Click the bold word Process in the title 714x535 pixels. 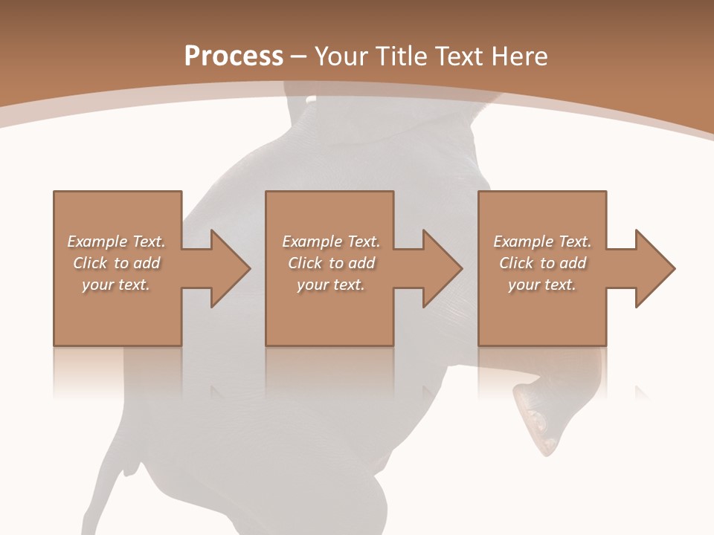(x=234, y=56)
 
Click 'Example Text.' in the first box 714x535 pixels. (x=116, y=241)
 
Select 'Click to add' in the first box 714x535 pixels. (x=116, y=263)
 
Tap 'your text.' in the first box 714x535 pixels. (x=116, y=285)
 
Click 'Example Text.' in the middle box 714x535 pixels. (x=331, y=241)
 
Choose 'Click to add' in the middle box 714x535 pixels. (x=331, y=263)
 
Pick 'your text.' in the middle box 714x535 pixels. (x=331, y=285)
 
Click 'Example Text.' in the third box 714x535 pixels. (x=542, y=241)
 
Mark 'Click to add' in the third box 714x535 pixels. (x=542, y=263)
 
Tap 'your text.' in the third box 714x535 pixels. (x=542, y=285)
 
